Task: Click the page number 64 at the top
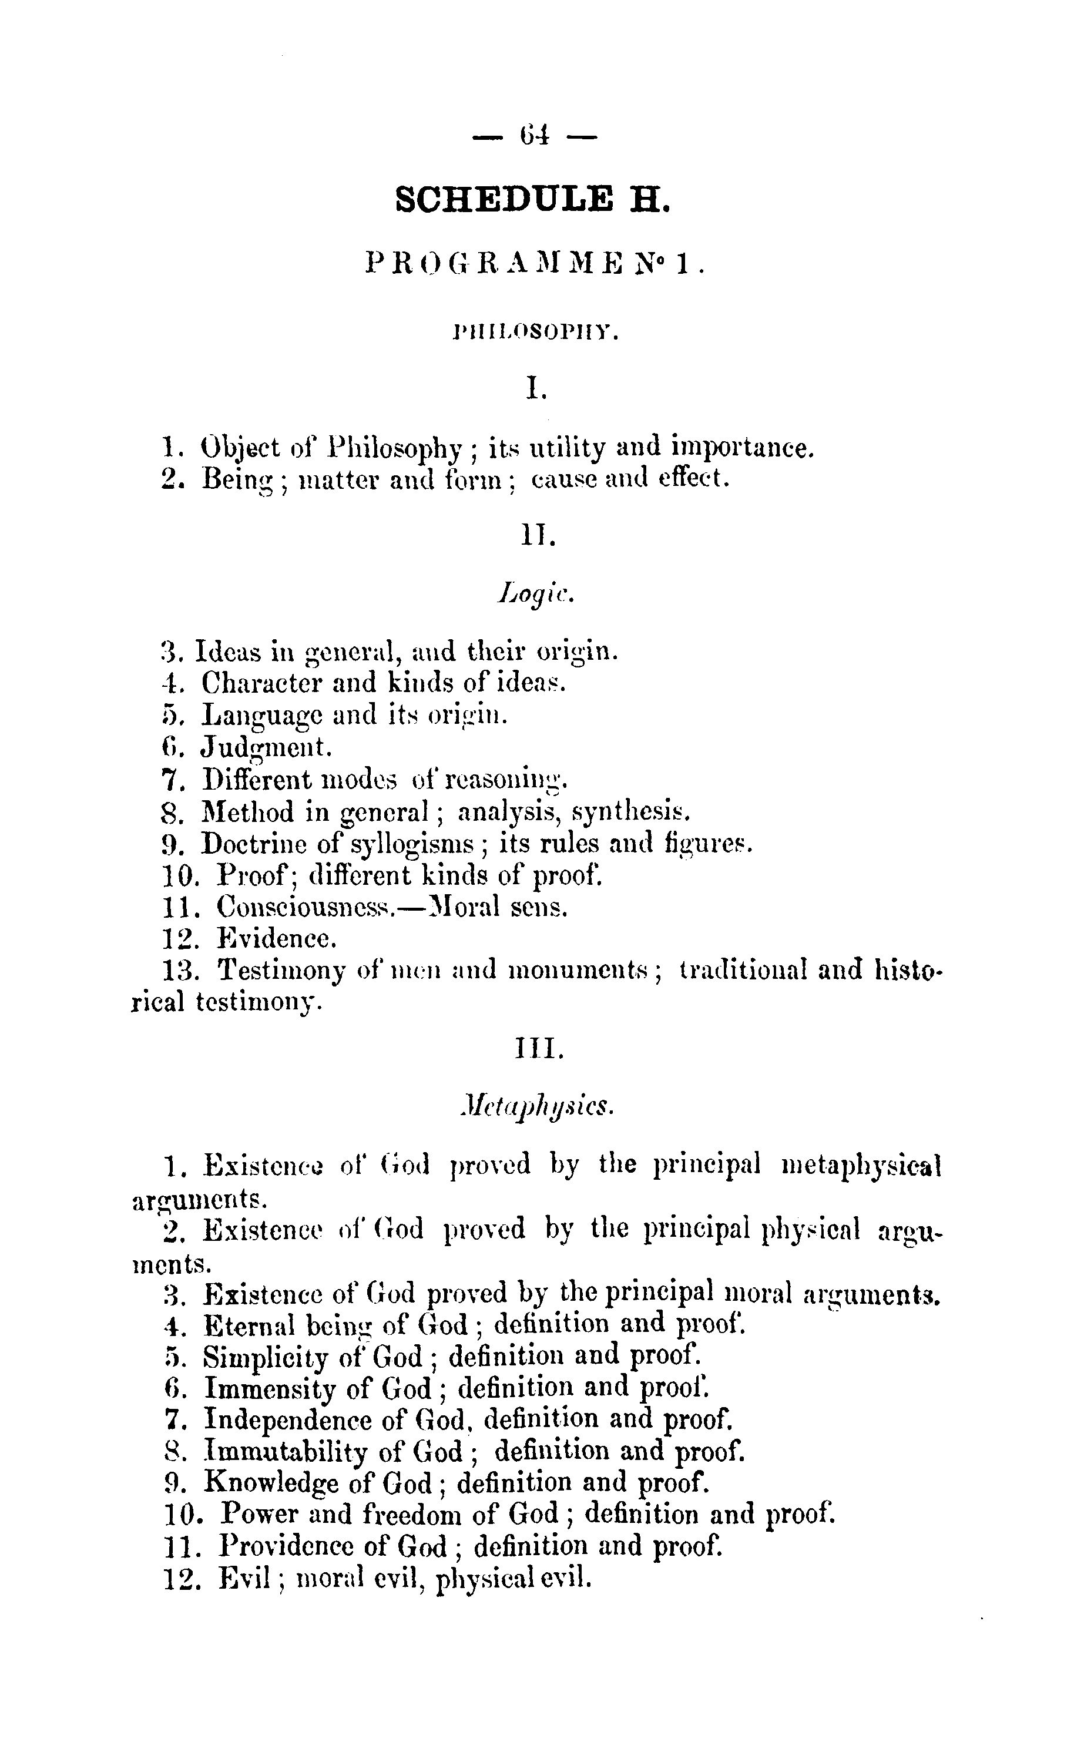click(533, 135)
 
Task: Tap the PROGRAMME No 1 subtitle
click(534, 264)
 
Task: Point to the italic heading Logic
click(535, 592)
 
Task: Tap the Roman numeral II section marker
click(537, 535)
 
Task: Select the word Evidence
click(277, 939)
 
